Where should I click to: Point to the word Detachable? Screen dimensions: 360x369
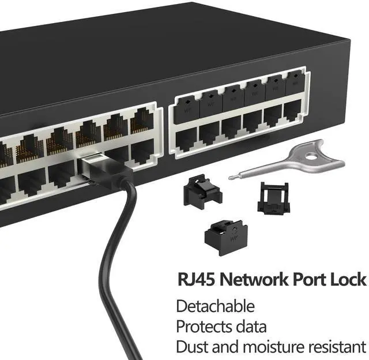[214, 306]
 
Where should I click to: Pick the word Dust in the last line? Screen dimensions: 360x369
[191, 346]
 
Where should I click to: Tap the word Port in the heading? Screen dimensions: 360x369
[311, 280]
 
